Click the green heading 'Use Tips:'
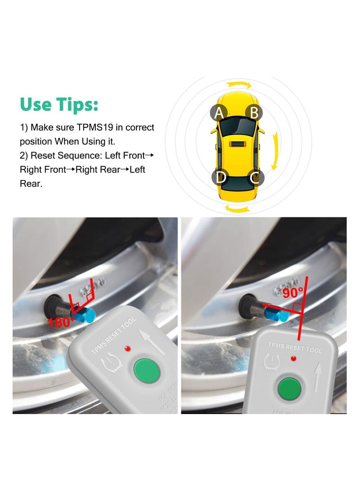(59, 104)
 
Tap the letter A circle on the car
(219, 113)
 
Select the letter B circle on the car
(254, 113)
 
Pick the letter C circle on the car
(256, 177)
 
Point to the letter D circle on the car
(220, 177)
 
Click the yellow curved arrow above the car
(238, 85)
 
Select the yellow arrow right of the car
(276, 151)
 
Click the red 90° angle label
(293, 293)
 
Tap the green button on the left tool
(147, 370)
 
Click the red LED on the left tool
(128, 348)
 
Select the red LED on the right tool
(294, 359)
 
